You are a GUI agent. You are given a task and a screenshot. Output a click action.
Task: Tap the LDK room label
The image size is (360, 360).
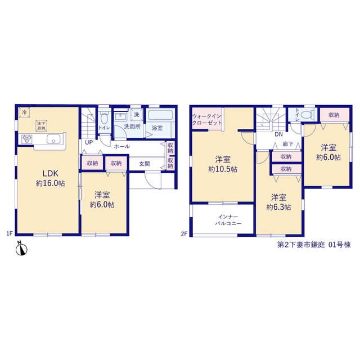(x=50, y=173)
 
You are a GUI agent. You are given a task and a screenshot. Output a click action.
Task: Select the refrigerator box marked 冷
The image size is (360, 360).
(x=24, y=112)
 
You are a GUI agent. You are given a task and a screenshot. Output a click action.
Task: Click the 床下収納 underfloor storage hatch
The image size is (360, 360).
(x=41, y=126)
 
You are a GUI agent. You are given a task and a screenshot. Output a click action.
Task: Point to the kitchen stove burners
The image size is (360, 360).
(x=26, y=139)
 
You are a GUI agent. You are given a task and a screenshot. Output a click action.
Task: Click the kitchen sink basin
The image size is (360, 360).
(x=53, y=139)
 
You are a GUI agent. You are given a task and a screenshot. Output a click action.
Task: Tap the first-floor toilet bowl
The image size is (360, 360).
(x=104, y=119)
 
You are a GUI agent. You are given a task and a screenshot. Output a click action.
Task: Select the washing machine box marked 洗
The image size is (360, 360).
(x=137, y=114)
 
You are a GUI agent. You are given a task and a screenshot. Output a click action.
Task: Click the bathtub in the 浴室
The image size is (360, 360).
(x=160, y=115)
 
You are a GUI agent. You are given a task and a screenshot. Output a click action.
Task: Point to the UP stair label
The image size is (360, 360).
(x=89, y=142)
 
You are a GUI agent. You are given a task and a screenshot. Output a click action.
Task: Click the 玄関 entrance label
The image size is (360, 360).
(x=145, y=164)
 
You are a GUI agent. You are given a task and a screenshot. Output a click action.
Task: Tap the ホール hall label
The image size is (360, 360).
(x=121, y=146)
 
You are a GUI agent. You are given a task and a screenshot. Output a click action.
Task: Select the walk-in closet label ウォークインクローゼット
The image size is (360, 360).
(x=206, y=119)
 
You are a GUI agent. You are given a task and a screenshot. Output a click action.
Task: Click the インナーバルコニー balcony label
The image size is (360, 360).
(x=228, y=220)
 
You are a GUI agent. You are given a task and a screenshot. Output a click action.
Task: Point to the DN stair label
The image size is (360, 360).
(x=279, y=134)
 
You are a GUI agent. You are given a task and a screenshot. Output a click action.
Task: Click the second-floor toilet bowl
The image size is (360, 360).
(x=307, y=115)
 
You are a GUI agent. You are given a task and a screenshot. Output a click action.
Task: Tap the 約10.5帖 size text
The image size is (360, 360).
(x=223, y=169)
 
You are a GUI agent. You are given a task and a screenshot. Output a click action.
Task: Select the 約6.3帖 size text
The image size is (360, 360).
(x=279, y=208)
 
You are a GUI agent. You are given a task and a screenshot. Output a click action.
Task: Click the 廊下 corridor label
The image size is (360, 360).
(x=288, y=144)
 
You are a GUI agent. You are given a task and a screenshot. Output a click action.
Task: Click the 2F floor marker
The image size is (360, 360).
(x=184, y=234)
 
